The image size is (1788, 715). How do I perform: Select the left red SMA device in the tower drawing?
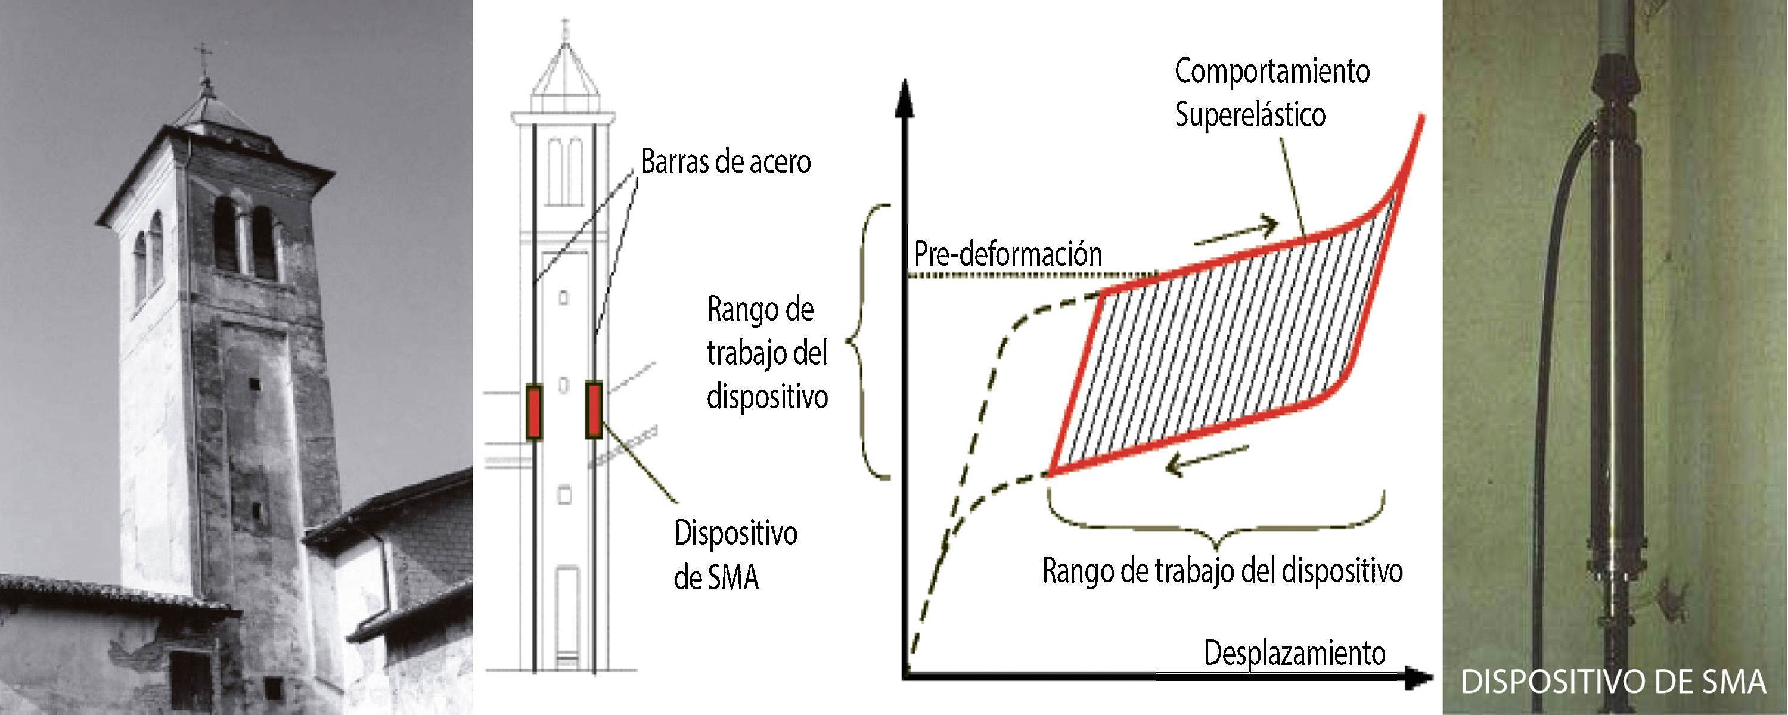pos(533,411)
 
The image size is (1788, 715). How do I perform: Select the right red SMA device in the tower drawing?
pos(594,409)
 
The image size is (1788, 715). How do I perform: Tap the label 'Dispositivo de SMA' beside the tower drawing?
pos(734,555)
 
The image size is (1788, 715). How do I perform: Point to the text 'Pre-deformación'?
pos(1007,254)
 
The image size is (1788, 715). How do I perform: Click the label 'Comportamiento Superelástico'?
pos(1270,93)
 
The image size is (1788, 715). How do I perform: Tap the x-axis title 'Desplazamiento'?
pos(1294,653)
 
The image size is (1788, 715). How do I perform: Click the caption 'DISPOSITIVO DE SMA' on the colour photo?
pos(1612,682)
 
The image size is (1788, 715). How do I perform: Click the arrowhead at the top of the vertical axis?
pos(904,97)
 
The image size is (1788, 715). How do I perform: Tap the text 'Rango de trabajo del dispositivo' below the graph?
pos(1222,571)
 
